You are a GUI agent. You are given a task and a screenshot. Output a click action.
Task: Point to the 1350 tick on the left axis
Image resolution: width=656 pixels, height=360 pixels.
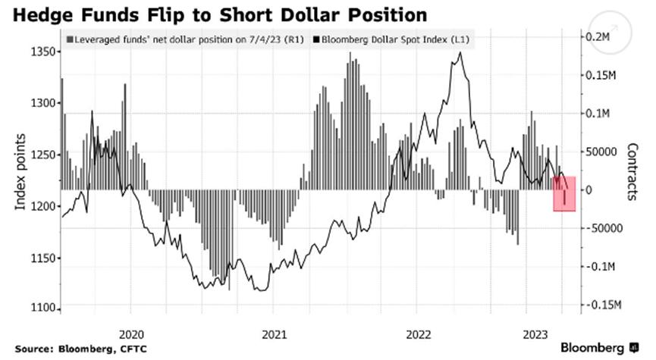[44, 52]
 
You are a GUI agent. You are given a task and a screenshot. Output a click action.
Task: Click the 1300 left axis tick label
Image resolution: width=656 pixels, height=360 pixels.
[44, 103]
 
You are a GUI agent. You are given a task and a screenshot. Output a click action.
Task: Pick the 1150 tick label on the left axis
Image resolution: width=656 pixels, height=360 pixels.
[44, 258]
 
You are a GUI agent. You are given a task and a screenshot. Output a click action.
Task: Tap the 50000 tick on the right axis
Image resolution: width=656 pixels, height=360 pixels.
[602, 152]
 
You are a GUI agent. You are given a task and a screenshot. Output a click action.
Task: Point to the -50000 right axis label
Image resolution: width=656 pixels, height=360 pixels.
[604, 228]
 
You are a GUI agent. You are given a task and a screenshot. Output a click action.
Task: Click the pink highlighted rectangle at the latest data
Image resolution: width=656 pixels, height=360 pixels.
[564, 193]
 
